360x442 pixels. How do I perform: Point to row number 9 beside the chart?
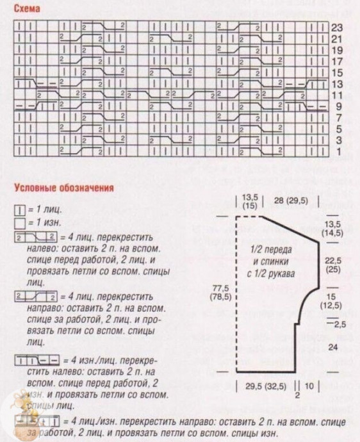pyautogui.click(x=338, y=106)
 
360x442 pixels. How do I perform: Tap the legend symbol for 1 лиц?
pyautogui.click(x=20, y=209)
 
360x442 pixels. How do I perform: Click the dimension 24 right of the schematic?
pyautogui.click(x=332, y=347)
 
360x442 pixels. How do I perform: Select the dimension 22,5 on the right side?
pyautogui.click(x=332, y=261)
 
